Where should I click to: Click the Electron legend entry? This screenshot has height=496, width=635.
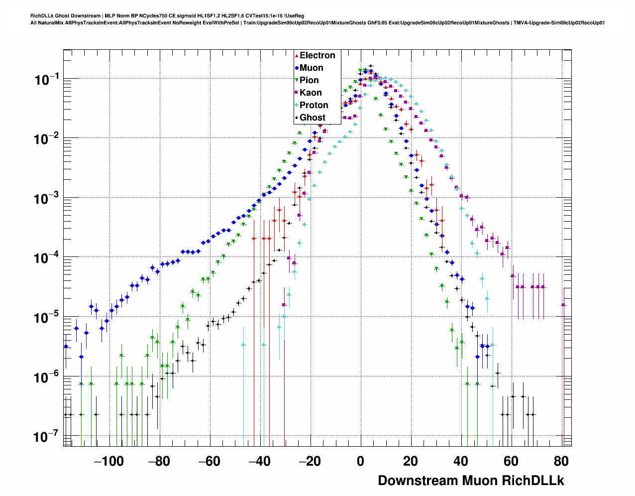[317, 55]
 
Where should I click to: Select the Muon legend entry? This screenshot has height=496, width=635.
[311, 68]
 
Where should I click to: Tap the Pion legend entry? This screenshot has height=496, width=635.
[309, 80]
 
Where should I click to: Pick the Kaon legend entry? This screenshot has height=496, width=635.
[311, 93]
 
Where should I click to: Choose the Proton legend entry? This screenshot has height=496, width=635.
[314, 105]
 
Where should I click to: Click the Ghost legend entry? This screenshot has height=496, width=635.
[312, 118]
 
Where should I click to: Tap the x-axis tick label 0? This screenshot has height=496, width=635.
[360, 461]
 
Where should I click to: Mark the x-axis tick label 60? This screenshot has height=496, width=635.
[511, 461]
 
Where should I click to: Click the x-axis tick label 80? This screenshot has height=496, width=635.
[561, 461]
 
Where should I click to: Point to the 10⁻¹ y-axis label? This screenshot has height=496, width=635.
[47, 80]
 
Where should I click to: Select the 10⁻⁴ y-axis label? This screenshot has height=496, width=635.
[47, 258]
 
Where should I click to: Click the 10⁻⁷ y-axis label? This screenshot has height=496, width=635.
[47, 437]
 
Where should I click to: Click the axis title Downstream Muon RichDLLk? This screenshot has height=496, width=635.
[471, 481]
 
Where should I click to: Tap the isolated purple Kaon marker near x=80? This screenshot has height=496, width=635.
[563, 305]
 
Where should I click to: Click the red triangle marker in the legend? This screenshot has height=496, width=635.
[297, 56]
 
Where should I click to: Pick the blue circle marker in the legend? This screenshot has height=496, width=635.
[297, 68]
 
